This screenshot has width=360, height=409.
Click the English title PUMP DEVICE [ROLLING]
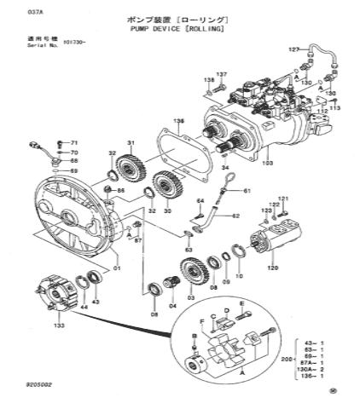[177, 28]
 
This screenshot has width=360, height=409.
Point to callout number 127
[293, 50]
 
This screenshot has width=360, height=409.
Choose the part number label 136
[178, 122]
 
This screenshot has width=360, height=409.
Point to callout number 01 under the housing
[116, 268]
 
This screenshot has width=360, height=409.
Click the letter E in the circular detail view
[242, 304]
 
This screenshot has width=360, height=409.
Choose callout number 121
[284, 199]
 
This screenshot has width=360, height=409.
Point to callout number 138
[206, 79]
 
